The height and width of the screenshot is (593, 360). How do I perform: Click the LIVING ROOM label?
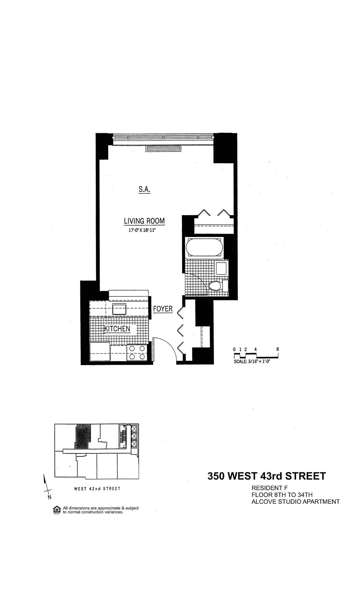[x=144, y=221]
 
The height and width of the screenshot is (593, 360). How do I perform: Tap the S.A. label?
[x=144, y=189]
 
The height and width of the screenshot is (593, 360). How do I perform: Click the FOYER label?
[x=163, y=309]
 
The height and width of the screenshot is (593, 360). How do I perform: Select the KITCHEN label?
[x=117, y=329]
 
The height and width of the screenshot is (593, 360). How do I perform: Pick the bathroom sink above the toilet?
[x=221, y=268]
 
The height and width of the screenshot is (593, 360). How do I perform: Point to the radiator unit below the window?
[x=163, y=148]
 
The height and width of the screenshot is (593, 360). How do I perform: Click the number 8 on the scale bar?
[x=278, y=349]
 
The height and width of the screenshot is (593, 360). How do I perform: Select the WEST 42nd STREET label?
[x=97, y=489]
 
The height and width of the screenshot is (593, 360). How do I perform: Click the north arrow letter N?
[x=49, y=497]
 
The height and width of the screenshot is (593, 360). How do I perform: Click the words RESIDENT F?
[x=269, y=488]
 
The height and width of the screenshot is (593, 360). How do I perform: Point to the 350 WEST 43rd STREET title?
[x=266, y=476]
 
